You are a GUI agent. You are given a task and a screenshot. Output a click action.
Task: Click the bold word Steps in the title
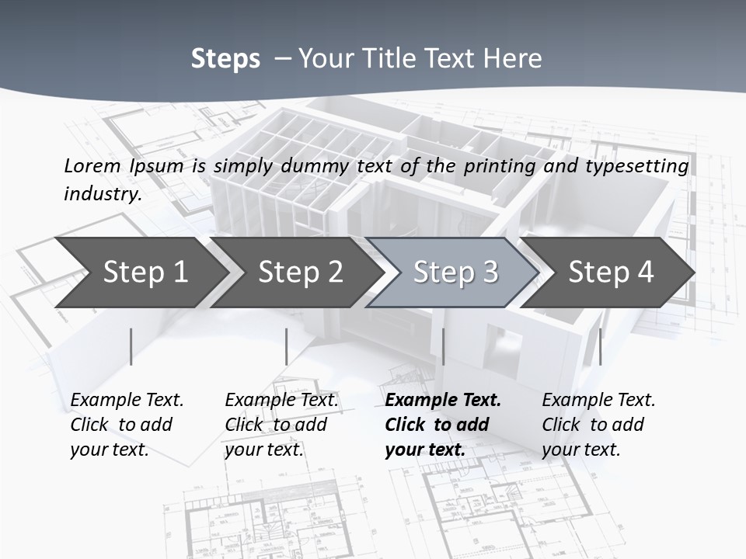pos(225,59)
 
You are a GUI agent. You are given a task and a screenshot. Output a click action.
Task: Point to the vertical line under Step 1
pos(131,346)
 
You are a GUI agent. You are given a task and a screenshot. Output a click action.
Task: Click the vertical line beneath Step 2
pos(287,346)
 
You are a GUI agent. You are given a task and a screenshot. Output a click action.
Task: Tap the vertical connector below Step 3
pos(443,346)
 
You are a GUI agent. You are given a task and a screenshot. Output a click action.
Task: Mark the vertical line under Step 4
pos(600,346)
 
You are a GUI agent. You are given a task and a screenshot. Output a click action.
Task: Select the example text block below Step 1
pos(127,425)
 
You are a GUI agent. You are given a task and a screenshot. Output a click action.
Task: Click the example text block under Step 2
pos(281,425)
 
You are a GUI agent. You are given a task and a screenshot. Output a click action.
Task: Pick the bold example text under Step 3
pos(443,425)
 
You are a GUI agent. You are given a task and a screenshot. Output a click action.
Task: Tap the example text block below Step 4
pos(598,425)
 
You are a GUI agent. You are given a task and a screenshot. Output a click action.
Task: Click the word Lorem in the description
pos(92,166)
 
